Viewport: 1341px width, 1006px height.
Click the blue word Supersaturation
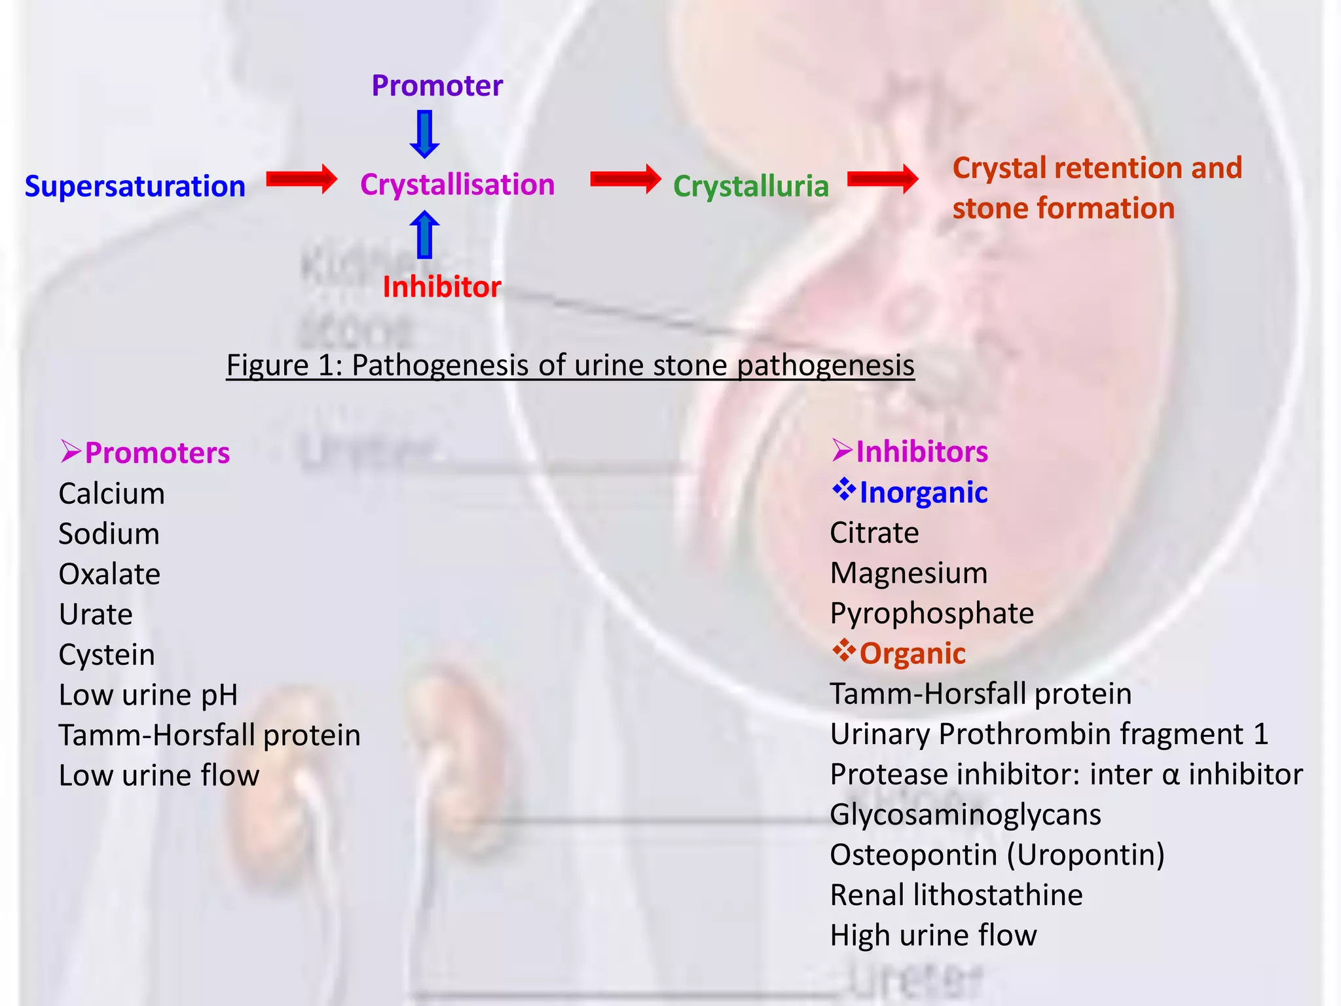[135, 187]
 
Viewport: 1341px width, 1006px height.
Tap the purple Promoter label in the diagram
[437, 86]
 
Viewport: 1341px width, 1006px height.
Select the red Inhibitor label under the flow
[441, 287]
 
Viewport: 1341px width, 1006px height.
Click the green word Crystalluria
[750, 186]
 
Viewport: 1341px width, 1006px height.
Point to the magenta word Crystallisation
[457, 185]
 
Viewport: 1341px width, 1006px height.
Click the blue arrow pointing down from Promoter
[424, 134]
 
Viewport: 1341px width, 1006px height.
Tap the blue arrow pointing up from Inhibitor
[424, 234]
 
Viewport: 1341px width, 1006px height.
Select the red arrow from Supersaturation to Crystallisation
[301, 179]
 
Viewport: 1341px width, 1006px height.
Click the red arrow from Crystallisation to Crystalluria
[625, 179]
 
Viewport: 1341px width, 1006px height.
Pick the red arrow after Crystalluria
[882, 179]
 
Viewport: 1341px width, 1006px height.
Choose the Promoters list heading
[157, 453]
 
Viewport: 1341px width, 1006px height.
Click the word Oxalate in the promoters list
[109, 574]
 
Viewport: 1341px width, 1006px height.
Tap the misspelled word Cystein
[107, 655]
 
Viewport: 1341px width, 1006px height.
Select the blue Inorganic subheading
[923, 493]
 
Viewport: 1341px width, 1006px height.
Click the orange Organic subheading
[912, 654]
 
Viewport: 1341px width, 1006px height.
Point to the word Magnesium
[909, 573]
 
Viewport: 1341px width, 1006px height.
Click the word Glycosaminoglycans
[965, 815]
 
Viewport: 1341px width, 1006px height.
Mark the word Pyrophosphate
[932, 614]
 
